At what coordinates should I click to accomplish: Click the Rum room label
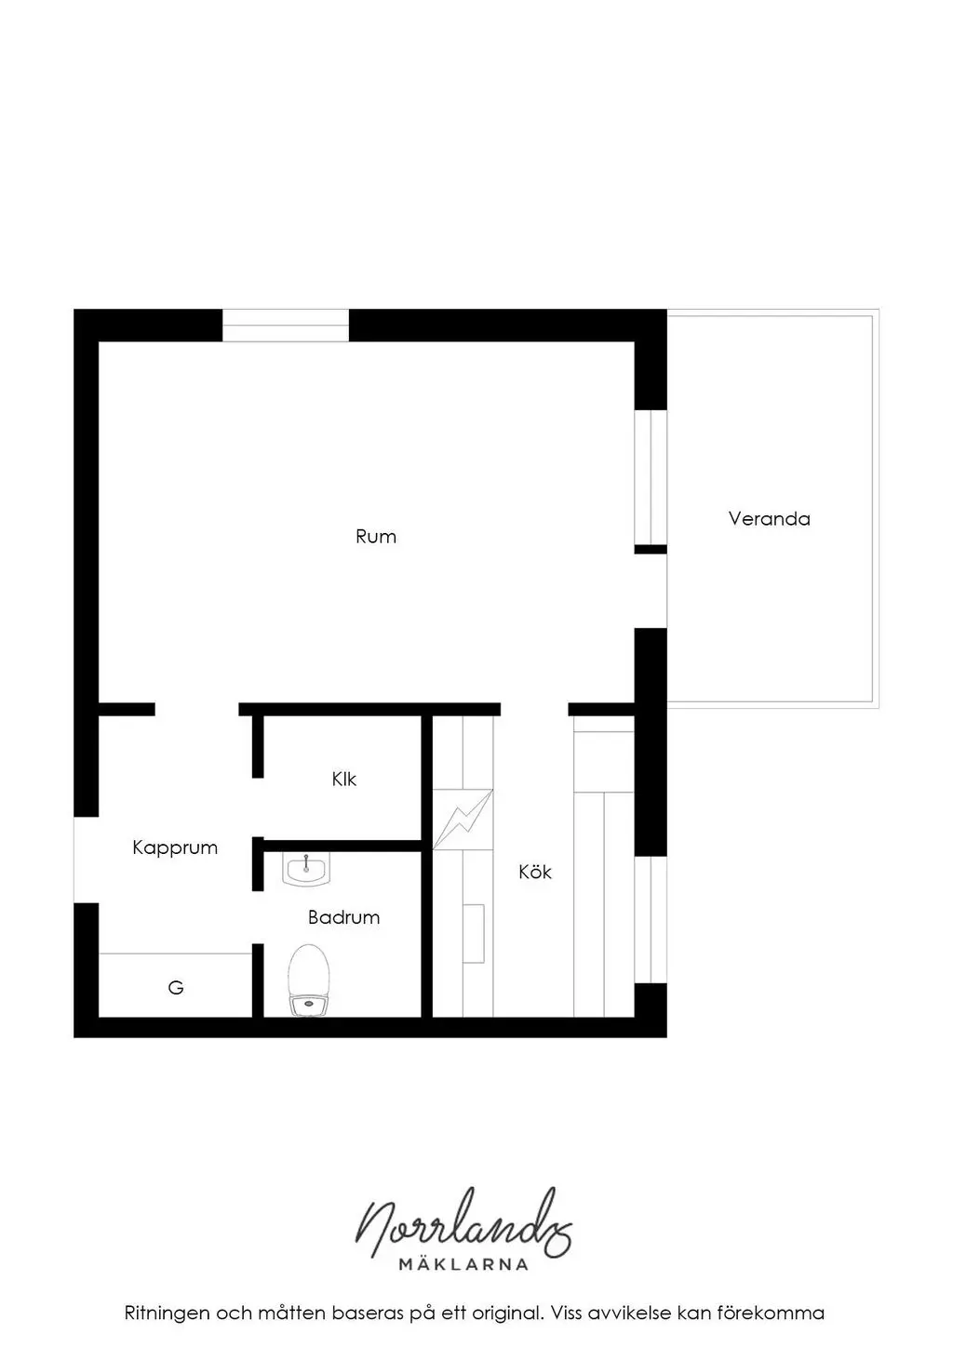(376, 537)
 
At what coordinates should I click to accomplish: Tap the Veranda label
(769, 518)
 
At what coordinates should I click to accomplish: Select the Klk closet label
(344, 780)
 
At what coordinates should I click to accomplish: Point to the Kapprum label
(175, 848)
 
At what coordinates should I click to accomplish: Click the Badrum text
(343, 917)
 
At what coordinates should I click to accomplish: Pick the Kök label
(535, 872)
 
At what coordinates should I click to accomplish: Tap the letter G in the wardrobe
(176, 987)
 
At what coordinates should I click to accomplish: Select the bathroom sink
(306, 870)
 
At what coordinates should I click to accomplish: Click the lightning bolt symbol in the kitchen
(463, 819)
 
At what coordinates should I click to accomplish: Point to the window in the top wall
(285, 326)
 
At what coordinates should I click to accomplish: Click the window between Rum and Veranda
(651, 477)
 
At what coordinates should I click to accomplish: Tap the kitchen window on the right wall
(651, 919)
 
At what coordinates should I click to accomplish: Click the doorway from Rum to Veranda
(651, 591)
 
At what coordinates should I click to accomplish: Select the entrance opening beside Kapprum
(86, 860)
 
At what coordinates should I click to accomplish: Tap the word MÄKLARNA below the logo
(463, 1264)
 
